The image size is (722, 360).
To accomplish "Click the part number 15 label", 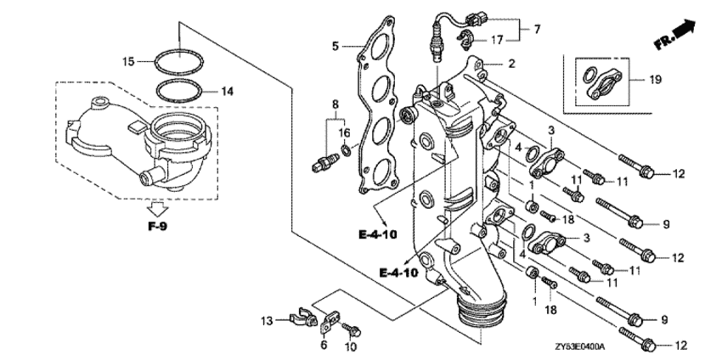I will tap(128, 61).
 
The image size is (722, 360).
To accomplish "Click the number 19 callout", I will tap(654, 79).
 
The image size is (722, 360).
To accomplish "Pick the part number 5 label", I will tap(335, 45).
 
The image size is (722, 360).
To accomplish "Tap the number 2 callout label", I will tap(511, 63).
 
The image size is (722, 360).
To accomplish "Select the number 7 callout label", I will tap(537, 30).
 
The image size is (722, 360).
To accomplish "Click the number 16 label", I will tap(344, 133).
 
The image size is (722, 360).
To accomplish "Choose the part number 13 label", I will tap(266, 320).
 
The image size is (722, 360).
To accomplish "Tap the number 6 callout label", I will tap(323, 346).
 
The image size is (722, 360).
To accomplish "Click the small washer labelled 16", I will tap(344, 151).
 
